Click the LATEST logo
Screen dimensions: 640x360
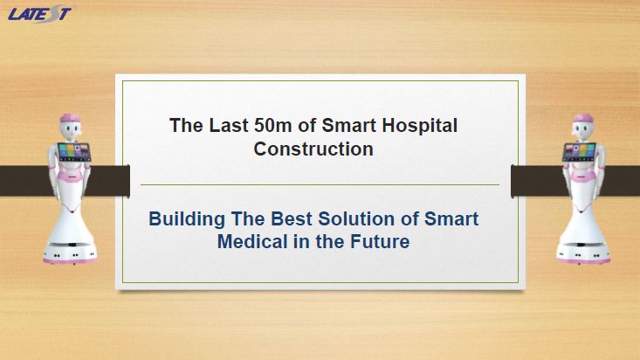[40, 14]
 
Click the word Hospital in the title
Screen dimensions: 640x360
[419, 127]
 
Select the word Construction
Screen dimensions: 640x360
[313, 149]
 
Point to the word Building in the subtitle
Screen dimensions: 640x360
[187, 219]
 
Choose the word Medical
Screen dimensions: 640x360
[252, 241]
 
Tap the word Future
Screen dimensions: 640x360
[380, 241]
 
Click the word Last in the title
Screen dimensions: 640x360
[229, 126]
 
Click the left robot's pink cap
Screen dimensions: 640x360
[70, 118]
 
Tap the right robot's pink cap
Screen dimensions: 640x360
[583, 118]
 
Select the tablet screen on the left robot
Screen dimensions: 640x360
[74, 151]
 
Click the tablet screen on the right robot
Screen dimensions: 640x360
[579, 151]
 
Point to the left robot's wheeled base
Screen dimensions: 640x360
[70, 253]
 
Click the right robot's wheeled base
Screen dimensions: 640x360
[583, 253]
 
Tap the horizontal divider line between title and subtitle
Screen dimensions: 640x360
[320, 184]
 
